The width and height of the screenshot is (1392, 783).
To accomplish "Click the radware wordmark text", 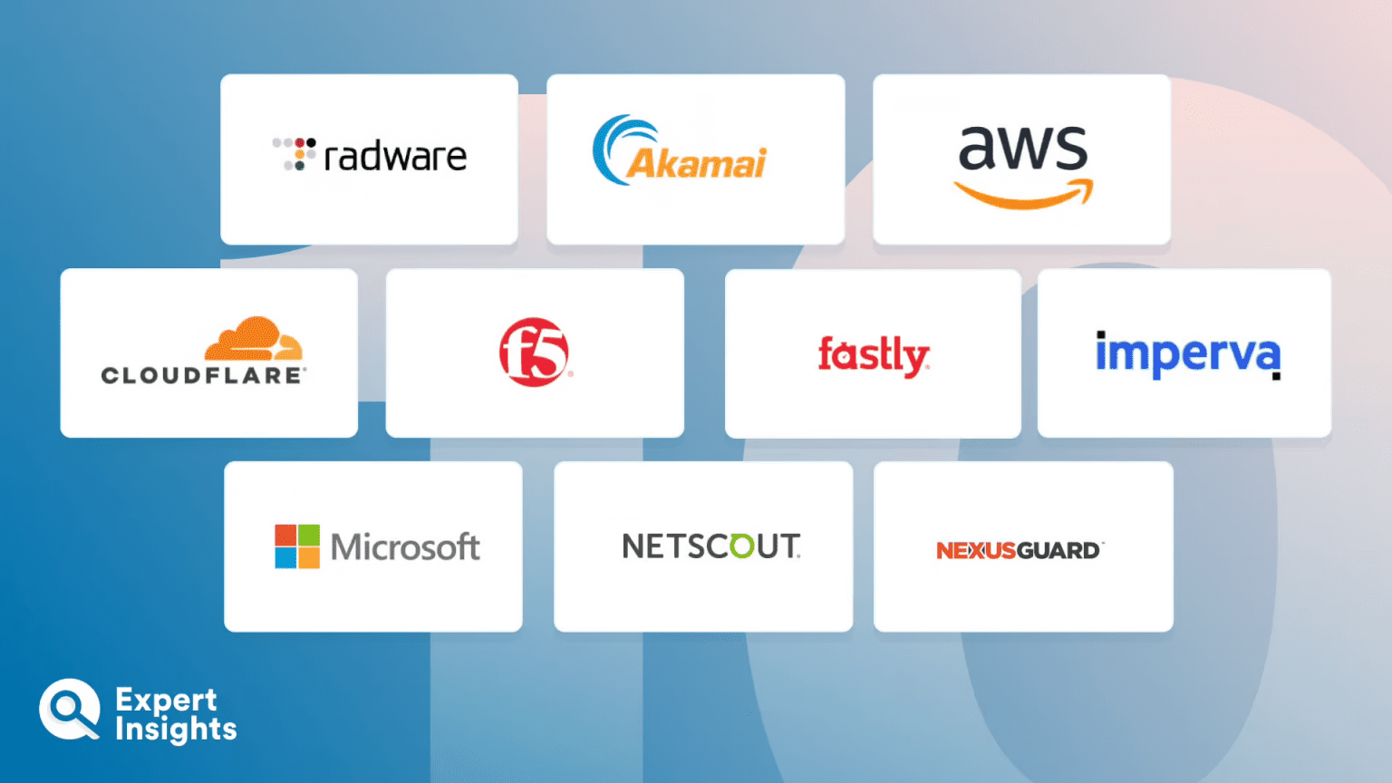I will click(395, 157).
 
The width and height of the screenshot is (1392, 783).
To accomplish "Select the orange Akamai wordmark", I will click(696, 164).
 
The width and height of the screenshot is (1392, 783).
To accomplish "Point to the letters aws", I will click(1023, 147).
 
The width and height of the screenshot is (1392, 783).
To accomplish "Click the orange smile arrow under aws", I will click(1023, 194).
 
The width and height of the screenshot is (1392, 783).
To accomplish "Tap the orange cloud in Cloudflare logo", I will click(253, 340).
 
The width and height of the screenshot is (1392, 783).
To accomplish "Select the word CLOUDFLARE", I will click(202, 375).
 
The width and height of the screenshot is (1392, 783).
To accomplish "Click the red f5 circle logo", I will click(534, 353).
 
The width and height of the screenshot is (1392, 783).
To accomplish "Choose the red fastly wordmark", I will click(873, 354).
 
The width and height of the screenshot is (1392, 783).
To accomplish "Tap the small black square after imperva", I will click(1276, 375).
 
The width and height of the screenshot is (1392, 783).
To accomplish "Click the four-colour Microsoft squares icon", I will click(297, 546).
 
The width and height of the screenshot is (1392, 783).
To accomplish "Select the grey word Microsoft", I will click(405, 547).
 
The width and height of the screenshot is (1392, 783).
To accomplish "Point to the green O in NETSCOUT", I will click(741, 546).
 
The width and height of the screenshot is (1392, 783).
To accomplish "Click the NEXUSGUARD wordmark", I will click(1018, 550).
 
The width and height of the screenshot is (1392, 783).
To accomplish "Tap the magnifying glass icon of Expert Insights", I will click(68, 709).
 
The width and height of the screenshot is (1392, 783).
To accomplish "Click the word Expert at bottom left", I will click(166, 700).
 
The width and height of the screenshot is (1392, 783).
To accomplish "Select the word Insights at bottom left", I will click(176, 730).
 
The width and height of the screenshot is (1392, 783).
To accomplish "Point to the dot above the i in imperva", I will click(1100, 334).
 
